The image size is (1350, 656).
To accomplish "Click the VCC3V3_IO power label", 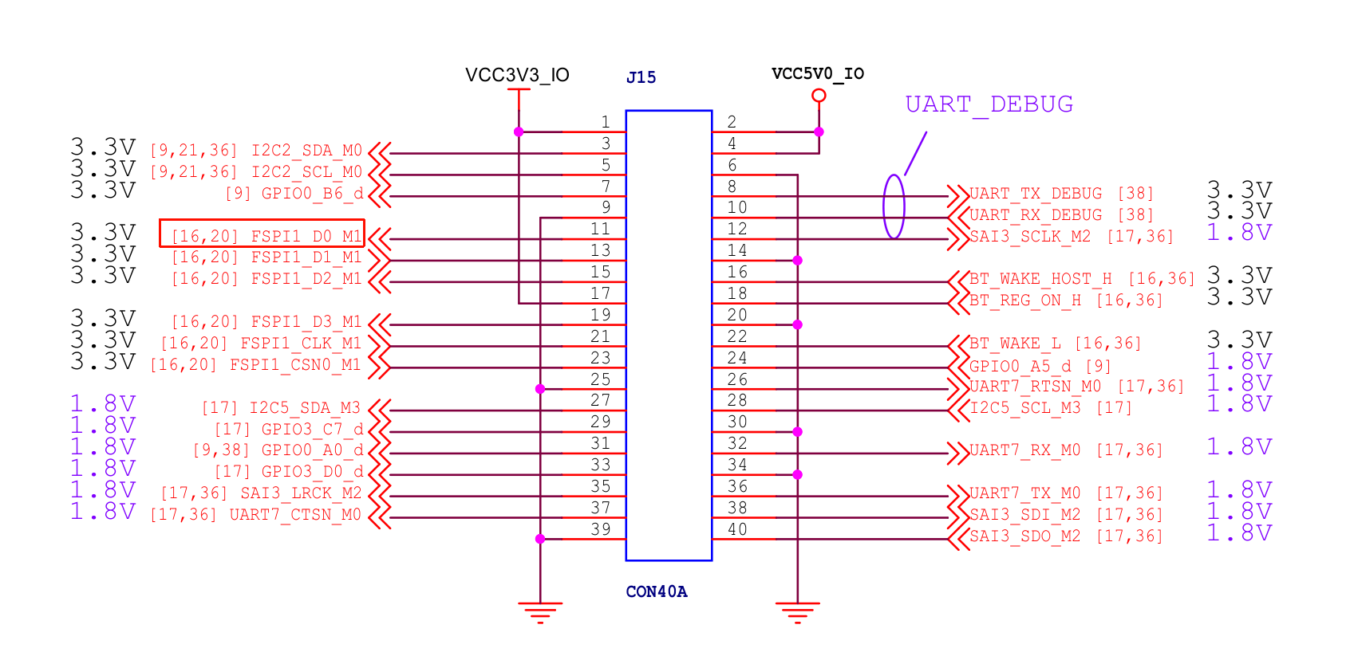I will click(517, 75).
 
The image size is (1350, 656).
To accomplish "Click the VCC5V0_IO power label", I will click(818, 74).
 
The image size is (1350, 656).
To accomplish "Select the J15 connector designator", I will click(641, 77).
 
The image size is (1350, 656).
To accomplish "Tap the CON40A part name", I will click(656, 591).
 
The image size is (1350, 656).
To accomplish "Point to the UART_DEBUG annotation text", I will click(989, 104).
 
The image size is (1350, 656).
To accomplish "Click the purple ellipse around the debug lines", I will click(894, 206).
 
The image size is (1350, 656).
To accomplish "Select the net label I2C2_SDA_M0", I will click(306, 151).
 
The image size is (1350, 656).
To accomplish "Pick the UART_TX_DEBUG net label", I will click(1035, 194).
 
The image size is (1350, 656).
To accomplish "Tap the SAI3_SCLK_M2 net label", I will click(1029, 237).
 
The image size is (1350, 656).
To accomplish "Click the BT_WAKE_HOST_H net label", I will click(1040, 279).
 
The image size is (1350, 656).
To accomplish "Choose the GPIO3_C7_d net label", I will click(312, 430).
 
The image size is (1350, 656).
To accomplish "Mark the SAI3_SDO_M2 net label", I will click(1024, 536).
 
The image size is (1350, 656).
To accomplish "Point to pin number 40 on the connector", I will click(737, 529).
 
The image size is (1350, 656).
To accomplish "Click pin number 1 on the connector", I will click(606, 122).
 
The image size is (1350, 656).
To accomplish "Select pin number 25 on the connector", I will click(600, 379).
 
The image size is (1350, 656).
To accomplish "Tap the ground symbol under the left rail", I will click(540, 612).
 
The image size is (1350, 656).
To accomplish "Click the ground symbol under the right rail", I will click(797, 612).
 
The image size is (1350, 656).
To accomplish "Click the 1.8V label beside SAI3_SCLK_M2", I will click(1239, 233).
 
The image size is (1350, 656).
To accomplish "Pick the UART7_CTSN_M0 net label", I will click(295, 515).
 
